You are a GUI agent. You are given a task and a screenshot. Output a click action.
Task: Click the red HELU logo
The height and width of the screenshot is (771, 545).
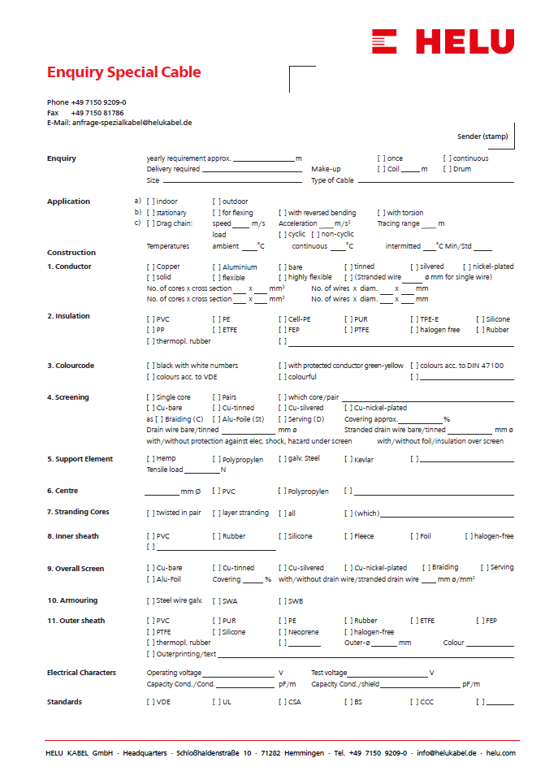coord(443,41)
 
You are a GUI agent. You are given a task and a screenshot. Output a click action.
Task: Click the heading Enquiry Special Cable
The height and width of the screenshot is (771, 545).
coord(123,72)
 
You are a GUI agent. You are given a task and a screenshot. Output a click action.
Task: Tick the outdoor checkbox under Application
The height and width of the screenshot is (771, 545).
coord(217,201)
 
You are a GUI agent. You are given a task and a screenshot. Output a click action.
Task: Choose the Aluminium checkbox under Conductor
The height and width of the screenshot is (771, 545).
coord(217,266)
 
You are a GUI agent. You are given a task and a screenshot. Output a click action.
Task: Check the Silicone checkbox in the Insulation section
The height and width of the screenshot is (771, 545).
coord(480,319)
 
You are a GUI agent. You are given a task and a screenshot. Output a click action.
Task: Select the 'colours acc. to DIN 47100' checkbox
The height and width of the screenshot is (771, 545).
coord(414,366)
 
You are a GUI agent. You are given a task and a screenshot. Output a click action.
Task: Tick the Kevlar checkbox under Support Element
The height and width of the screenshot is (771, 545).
coord(348,460)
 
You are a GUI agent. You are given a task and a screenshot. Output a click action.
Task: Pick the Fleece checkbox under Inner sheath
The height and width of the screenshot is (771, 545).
coord(348,536)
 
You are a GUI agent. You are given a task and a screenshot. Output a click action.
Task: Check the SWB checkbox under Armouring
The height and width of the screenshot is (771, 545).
coord(283,601)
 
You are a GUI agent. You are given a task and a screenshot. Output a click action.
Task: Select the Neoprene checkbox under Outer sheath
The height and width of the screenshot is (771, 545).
coord(283,632)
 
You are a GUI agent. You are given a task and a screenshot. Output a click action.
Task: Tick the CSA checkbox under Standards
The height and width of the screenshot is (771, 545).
coord(283,702)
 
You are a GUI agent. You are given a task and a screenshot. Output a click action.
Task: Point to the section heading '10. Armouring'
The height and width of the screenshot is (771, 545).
coord(72,600)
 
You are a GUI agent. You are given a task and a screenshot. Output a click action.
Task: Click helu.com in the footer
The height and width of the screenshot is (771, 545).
coord(500,753)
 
